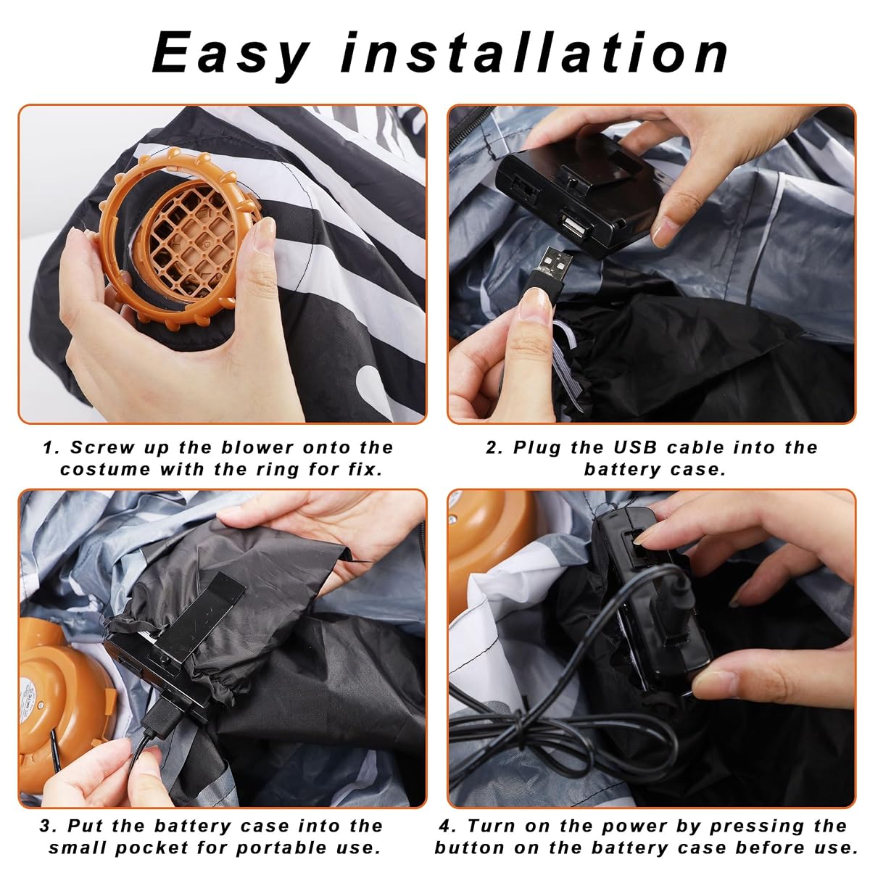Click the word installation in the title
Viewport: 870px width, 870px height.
[534, 52]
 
